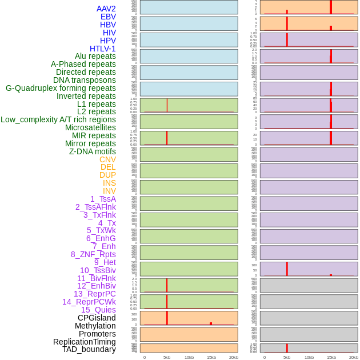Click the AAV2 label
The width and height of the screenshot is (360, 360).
point(106,9)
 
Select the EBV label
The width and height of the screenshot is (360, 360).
point(108,17)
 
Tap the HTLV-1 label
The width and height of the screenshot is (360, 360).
point(102,49)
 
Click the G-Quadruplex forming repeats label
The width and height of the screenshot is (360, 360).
point(61,88)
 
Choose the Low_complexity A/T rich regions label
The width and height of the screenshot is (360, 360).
point(58,119)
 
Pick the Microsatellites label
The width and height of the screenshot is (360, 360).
point(90,127)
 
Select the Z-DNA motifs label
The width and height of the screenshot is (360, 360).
point(93,151)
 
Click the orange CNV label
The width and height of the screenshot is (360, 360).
point(107,159)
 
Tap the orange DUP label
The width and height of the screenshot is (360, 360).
point(107,175)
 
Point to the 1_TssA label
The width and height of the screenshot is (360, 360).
point(103,199)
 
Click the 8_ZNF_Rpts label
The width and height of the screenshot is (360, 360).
point(93,254)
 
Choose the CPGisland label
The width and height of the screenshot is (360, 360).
point(97,318)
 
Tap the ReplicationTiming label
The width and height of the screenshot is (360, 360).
point(84,342)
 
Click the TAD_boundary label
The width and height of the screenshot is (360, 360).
point(89,349)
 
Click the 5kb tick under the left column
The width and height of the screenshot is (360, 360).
point(167,357)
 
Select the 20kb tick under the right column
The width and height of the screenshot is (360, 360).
point(354,357)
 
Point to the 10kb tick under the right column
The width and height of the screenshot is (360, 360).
point(309,357)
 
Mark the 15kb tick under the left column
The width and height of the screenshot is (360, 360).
point(211,357)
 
